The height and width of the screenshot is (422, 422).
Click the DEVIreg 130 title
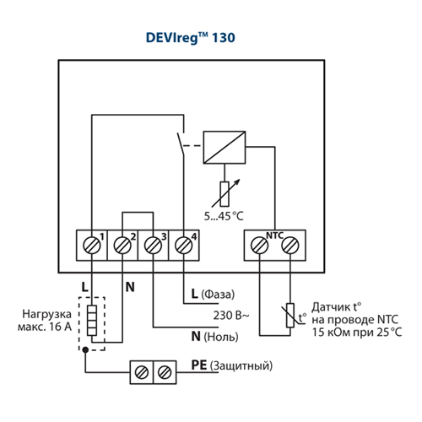point(191,38)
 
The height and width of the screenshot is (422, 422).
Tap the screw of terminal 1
point(92,246)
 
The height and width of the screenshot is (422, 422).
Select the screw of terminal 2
point(122,246)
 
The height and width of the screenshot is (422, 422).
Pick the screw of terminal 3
point(153,246)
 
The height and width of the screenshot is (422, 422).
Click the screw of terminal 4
point(184,246)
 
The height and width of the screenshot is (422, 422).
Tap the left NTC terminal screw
point(259,246)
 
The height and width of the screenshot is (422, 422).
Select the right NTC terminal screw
point(290,246)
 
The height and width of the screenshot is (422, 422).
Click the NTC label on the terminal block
point(274,235)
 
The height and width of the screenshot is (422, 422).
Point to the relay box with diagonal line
point(225,147)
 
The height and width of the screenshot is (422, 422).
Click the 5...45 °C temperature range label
point(224,216)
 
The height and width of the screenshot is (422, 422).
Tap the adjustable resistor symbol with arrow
point(225,193)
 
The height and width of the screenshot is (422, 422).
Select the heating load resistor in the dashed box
point(92,321)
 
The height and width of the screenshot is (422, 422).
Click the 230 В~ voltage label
point(231,316)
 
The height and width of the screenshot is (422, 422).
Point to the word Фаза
point(218,295)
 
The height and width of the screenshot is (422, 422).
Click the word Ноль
point(221,337)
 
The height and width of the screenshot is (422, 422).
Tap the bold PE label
point(199,365)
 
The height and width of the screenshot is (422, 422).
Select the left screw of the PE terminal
point(142,372)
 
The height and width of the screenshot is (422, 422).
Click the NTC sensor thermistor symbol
point(290,316)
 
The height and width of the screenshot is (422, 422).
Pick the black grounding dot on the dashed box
point(85,349)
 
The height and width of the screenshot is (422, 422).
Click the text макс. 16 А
point(45,327)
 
